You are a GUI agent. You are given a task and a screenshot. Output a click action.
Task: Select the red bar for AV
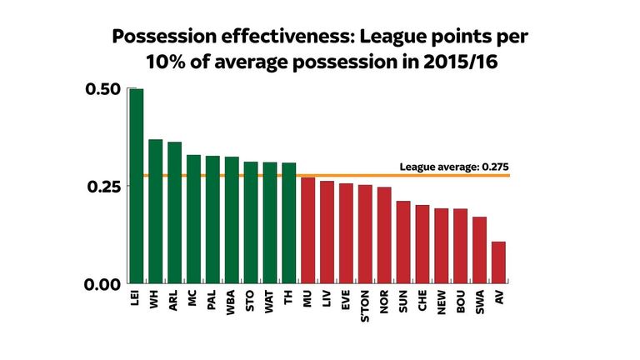[x=498, y=262]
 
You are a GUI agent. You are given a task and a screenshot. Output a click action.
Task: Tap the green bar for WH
[x=155, y=212]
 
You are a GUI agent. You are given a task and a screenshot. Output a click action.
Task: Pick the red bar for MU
[x=307, y=230]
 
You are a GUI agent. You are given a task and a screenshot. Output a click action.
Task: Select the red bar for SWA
[x=479, y=250]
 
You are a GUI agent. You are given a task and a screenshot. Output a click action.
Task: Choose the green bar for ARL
[x=174, y=212]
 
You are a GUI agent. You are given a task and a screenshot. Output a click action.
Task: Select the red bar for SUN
[x=403, y=242]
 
